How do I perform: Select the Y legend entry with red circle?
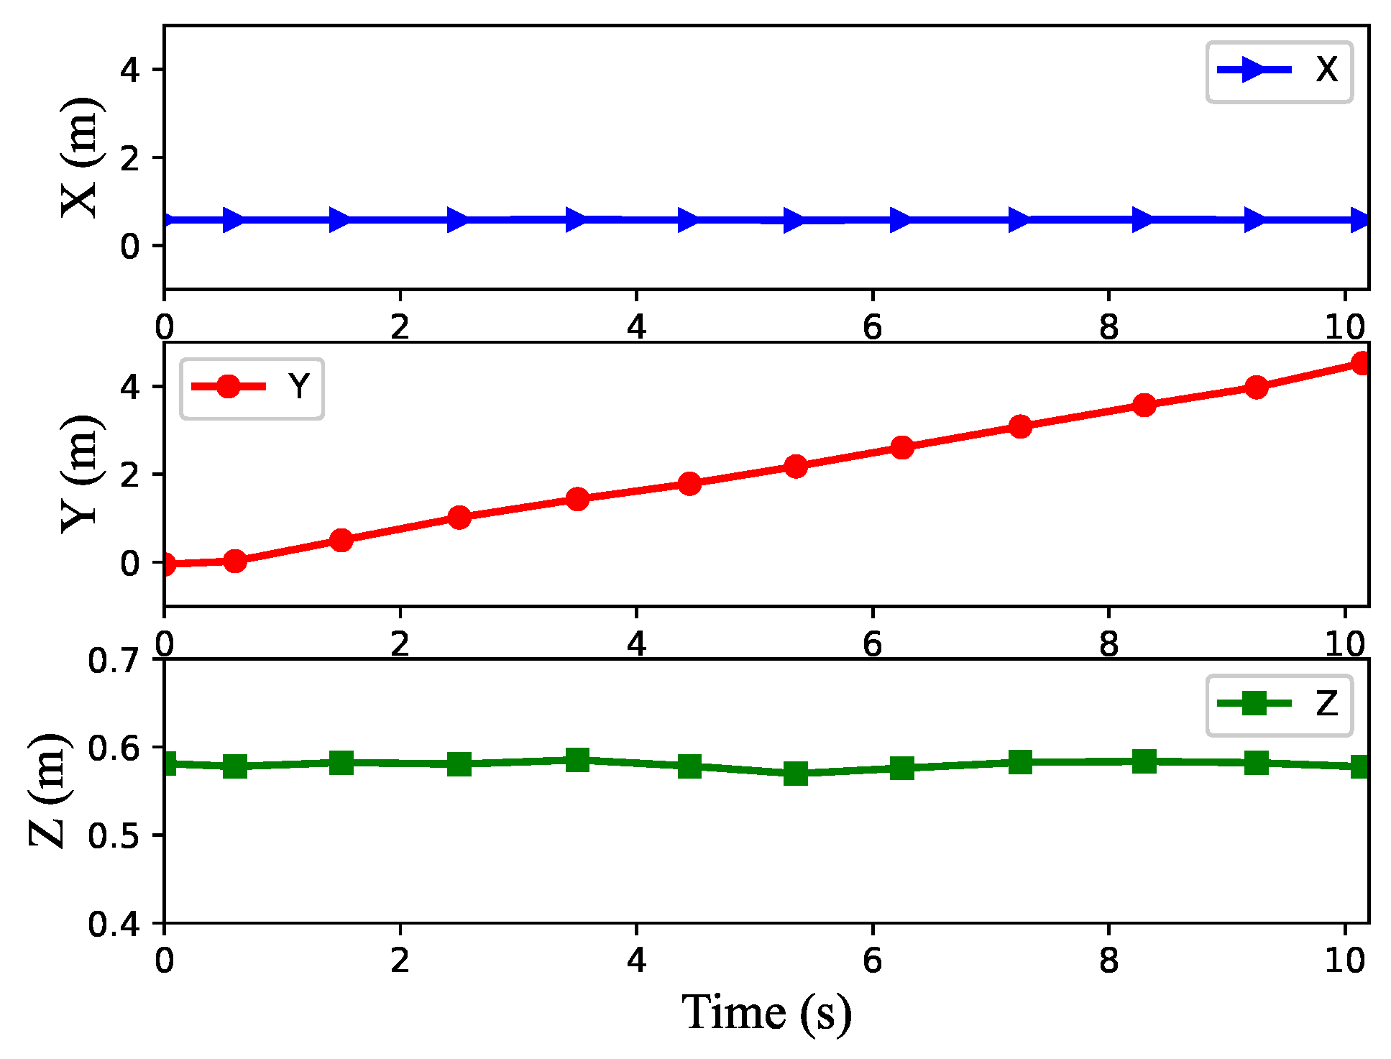click(x=252, y=388)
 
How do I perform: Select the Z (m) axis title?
click(x=49, y=790)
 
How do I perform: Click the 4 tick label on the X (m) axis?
click(x=130, y=70)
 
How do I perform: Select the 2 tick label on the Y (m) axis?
click(x=130, y=475)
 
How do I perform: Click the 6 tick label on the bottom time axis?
click(x=872, y=961)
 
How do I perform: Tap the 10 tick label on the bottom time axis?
click(x=1344, y=961)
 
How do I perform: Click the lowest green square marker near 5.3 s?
click(x=795, y=774)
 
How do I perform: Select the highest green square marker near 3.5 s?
click(x=577, y=759)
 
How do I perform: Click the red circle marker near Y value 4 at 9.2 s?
click(x=1256, y=388)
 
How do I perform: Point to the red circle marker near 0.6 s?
click(x=235, y=561)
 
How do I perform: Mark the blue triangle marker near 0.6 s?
click(x=234, y=220)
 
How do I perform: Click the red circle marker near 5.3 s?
click(x=795, y=467)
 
